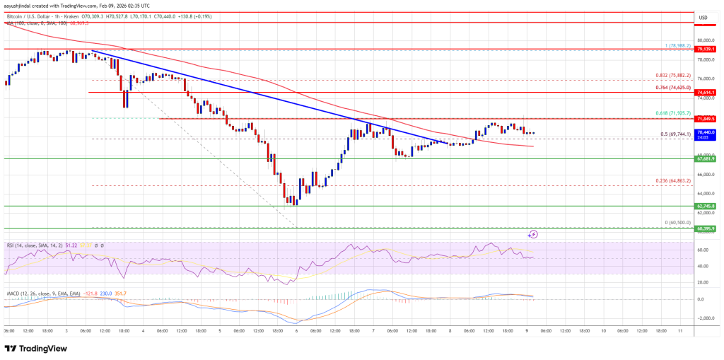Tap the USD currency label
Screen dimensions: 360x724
pos(703,17)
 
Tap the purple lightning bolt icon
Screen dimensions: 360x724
pos(533,233)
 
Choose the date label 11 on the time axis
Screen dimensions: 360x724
pos(679,330)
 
